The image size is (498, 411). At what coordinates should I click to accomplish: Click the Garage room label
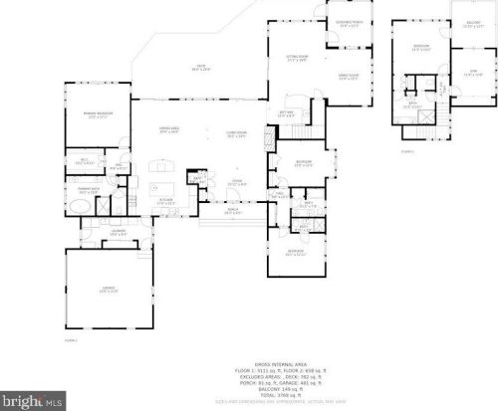point(109,291)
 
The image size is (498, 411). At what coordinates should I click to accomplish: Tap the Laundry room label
point(118,233)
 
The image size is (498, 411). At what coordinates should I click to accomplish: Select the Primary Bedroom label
point(96,116)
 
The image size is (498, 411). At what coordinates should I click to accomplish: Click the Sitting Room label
point(296,60)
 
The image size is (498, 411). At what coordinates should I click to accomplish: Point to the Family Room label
point(348,78)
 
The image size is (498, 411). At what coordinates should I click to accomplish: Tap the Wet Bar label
point(287,113)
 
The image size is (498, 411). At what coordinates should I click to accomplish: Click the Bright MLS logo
point(34,400)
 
